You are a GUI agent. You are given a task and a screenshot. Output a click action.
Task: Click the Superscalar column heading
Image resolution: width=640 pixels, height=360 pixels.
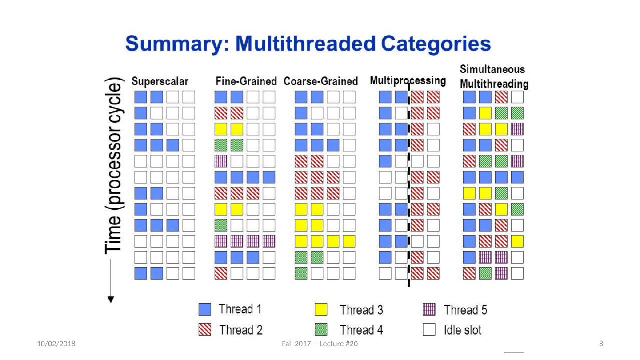160,82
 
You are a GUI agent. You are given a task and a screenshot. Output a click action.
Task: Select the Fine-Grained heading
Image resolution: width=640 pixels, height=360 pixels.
246,82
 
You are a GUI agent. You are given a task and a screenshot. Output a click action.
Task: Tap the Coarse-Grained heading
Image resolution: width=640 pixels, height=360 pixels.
321,82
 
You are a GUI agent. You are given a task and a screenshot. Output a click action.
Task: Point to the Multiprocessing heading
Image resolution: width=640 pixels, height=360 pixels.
408,81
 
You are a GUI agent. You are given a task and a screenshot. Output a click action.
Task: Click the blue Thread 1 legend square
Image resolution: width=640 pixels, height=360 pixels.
205,309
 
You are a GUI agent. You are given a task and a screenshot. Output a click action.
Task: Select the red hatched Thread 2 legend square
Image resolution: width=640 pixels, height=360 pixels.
205,329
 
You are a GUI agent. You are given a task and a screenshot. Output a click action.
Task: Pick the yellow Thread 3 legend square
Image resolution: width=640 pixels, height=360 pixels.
321,309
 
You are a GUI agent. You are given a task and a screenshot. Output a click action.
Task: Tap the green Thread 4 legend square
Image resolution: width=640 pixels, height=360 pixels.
321,329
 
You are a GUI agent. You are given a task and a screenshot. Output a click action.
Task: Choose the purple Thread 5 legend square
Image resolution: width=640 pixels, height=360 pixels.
429,309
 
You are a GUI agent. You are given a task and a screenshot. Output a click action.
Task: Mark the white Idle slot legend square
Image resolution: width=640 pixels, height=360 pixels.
429,329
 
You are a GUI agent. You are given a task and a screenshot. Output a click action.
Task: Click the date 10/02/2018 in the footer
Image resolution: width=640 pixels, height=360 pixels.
56,344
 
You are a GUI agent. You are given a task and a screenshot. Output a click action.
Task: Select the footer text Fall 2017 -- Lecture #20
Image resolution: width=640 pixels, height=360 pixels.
320,344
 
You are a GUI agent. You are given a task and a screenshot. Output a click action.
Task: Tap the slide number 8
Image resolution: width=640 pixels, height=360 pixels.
601,344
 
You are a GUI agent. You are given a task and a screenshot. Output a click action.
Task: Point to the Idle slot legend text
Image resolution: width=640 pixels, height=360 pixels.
462,330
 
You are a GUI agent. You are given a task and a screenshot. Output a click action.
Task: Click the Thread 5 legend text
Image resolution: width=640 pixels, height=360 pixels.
465,309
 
